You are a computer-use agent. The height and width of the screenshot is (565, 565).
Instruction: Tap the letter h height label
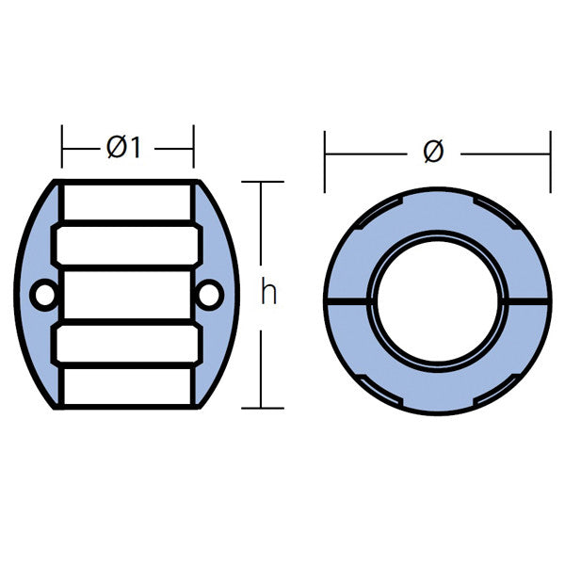point(269,294)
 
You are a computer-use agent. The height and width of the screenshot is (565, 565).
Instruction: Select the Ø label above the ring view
point(433,151)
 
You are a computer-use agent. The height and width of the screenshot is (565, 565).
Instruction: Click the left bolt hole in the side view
point(42,296)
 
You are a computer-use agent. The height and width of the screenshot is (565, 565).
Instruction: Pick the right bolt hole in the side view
point(209,296)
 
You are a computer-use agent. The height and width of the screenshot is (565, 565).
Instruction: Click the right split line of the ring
point(528,302)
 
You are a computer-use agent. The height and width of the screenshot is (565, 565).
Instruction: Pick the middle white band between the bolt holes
point(127,296)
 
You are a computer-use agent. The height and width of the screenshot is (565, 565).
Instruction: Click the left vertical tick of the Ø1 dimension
point(62,147)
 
